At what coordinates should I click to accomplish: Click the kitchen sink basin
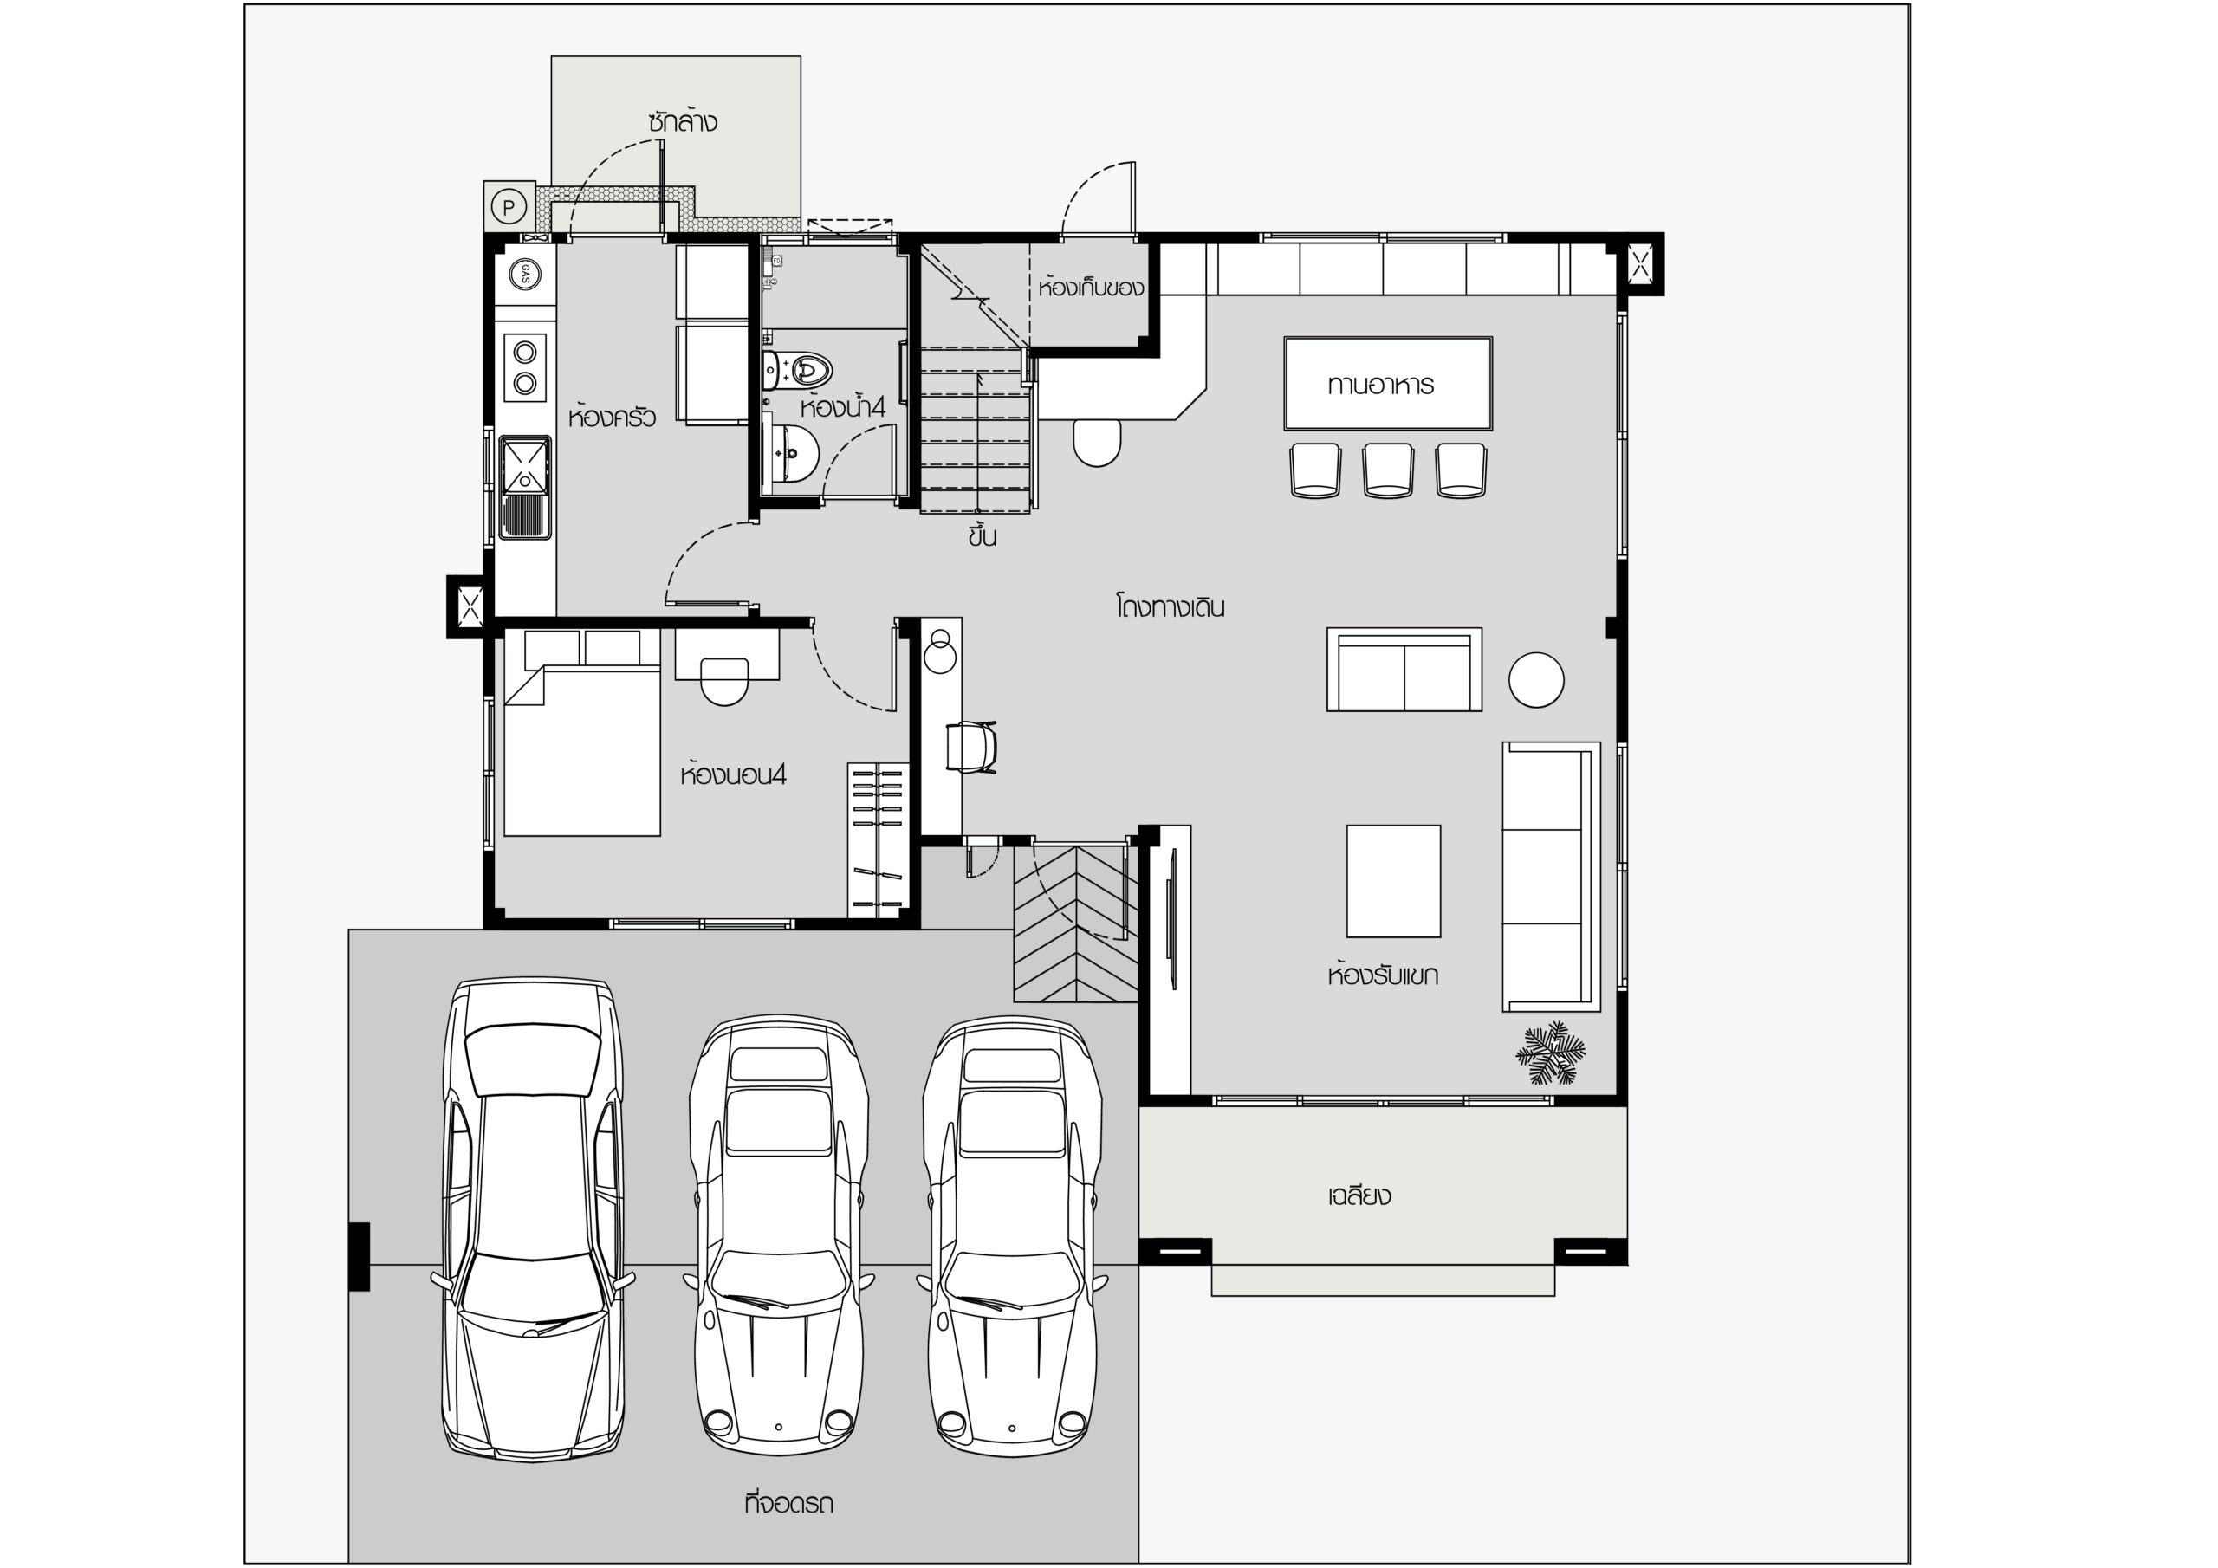tap(524, 463)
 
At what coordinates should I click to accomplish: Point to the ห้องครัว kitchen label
tap(613, 417)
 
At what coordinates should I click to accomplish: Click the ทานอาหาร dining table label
tap(1379, 385)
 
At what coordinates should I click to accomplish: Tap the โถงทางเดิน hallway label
tap(1169, 607)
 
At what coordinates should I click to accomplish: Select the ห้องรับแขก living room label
tap(1383, 975)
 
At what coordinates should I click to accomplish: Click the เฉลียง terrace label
tap(1359, 1196)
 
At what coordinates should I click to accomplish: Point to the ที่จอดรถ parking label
tap(789, 1504)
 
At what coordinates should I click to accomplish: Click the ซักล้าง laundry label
tap(683, 122)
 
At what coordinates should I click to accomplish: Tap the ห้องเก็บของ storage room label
tap(1092, 287)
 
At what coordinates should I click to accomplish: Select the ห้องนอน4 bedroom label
tap(733, 774)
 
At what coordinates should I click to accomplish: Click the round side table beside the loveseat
tap(1536, 679)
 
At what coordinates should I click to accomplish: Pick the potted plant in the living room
tap(1551, 1054)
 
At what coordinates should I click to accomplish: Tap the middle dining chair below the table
tap(1388, 470)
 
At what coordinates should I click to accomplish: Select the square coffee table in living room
tap(1393, 881)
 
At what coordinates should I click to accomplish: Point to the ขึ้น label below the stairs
tap(983, 537)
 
